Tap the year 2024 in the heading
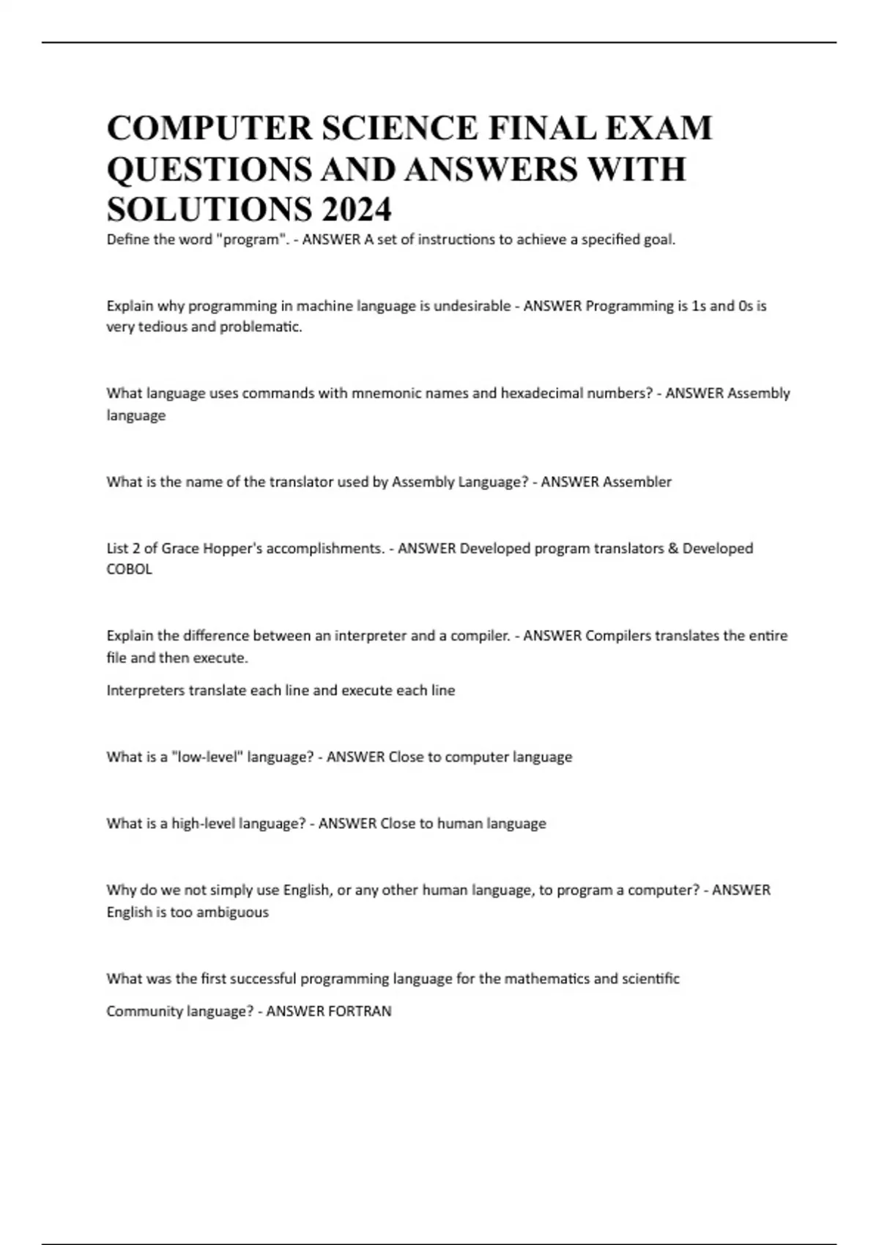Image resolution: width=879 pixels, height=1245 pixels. tap(357, 210)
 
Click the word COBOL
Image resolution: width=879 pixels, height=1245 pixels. tap(129, 569)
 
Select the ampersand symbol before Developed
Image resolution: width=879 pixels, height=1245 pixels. tap(673, 549)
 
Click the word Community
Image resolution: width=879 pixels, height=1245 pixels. tap(144, 1011)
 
